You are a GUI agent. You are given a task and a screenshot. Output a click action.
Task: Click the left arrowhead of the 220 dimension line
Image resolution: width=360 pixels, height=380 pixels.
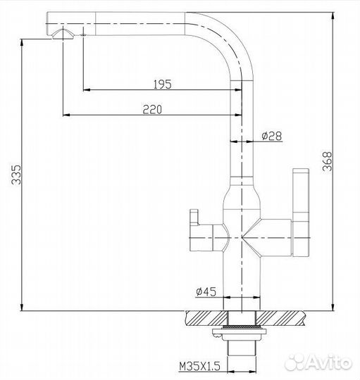[x=66, y=115]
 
